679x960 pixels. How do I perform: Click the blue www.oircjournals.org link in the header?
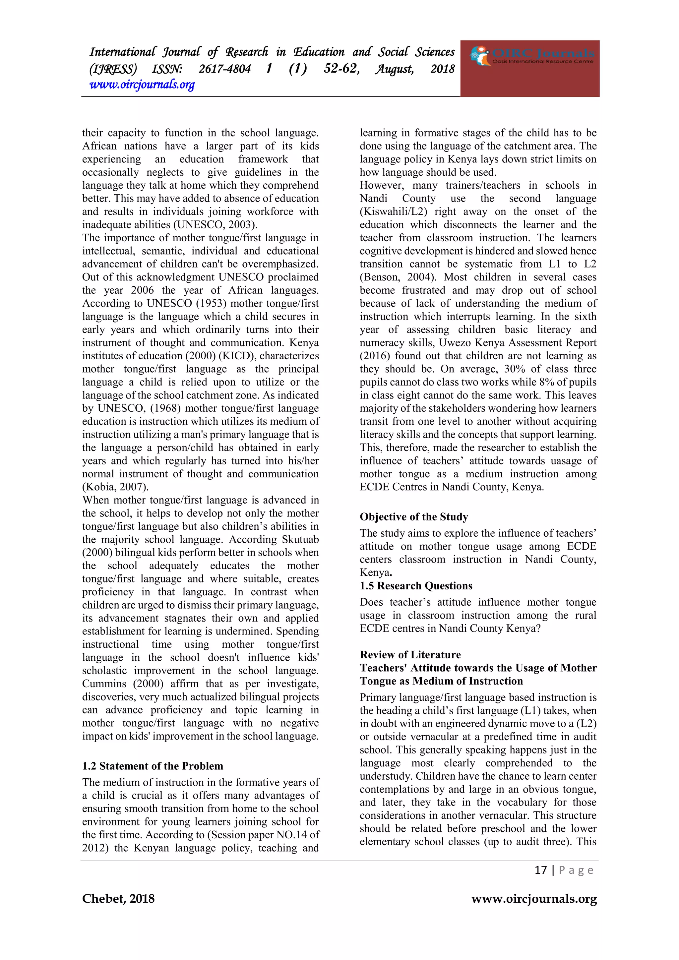pyautogui.click(x=142, y=85)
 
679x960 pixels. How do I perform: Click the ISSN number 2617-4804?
pyautogui.click(x=224, y=69)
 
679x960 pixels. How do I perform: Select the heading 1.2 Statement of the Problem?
pyautogui.click(x=153, y=766)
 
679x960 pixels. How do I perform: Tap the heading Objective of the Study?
pyautogui.click(x=413, y=517)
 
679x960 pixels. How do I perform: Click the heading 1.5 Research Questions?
pyautogui.click(x=416, y=586)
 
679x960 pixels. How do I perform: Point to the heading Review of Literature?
pyautogui.click(x=410, y=655)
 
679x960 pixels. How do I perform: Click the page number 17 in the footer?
pyautogui.click(x=541, y=870)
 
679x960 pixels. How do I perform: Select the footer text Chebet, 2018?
pyautogui.click(x=118, y=899)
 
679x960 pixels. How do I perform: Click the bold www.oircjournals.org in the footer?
pyautogui.click(x=534, y=899)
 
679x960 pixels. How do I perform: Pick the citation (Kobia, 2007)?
pyautogui.click(x=115, y=487)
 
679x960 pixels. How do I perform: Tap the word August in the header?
pyautogui.click(x=394, y=69)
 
